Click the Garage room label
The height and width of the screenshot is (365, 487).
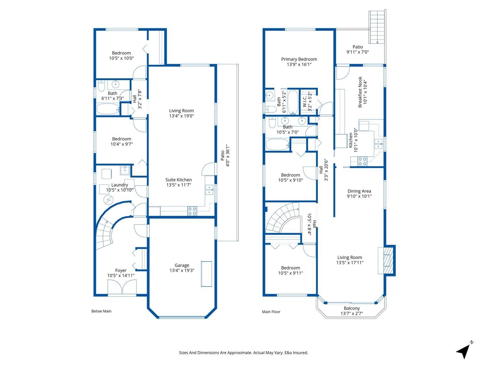tap(182, 265)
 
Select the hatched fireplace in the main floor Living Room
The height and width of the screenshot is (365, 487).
tap(387, 261)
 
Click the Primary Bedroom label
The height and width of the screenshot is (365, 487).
tap(299, 59)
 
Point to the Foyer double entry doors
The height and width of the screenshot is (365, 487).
tap(122, 287)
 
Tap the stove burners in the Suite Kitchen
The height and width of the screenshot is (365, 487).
tap(192, 211)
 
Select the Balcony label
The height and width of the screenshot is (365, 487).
tap(352, 308)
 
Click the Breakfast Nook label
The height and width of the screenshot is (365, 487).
tap(360, 92)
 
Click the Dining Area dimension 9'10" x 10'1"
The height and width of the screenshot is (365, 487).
tap(359, 196)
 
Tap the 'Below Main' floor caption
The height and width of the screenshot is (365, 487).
tap(101, 311)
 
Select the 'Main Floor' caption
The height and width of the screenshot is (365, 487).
tap(271, 312)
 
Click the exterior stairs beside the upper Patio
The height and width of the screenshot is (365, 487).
tap(377, 27)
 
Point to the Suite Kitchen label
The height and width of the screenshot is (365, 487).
tap(179, 180)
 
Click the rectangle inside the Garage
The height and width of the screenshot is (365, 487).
tap(206, 274)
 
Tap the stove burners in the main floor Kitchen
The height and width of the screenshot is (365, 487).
tap(362, 161)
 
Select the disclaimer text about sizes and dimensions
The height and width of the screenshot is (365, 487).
tap(243, 353)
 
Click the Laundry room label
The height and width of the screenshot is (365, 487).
tap(119, 185)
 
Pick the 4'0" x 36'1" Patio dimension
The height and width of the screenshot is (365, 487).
tap(228, 156)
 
